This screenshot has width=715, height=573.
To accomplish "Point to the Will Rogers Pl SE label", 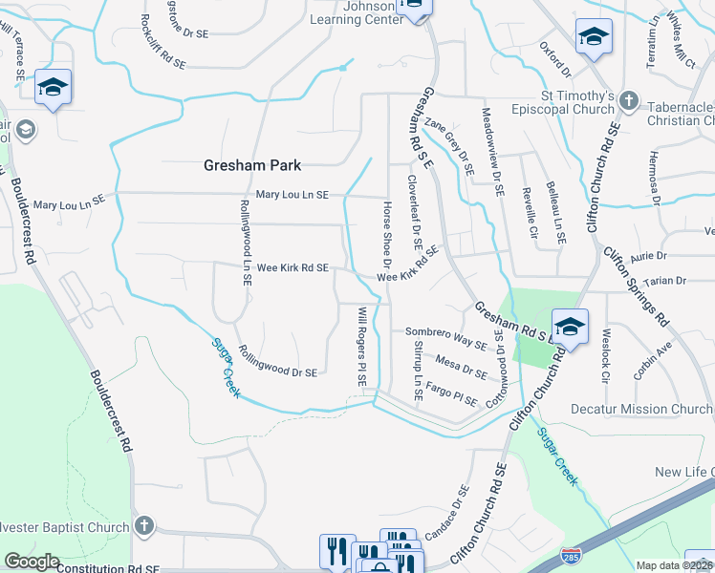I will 361,346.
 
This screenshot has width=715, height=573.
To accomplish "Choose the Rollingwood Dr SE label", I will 277,362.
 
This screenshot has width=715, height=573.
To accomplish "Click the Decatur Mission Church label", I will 641,409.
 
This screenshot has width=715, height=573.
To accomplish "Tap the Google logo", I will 32,562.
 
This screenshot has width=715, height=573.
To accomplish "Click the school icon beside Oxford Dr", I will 594,37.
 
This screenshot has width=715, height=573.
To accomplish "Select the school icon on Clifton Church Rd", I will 569,326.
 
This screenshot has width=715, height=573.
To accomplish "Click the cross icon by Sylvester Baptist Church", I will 143,526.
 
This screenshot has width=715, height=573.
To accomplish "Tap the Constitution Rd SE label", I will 108,568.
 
